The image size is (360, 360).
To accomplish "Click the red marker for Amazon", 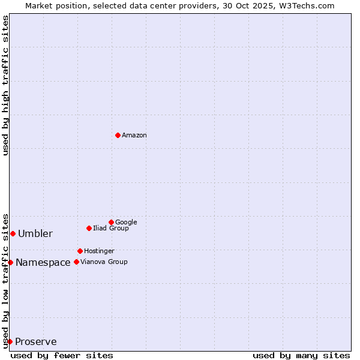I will coord(118,135).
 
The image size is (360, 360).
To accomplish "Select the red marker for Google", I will coord(111,222).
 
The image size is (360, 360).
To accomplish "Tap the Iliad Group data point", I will coord(89,228).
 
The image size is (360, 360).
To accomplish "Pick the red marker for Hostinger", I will coord(80,251).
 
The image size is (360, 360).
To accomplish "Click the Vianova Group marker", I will coord(76,262).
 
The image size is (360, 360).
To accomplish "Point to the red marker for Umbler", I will coord(13,233).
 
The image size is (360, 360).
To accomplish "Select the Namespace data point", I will coord(10,262).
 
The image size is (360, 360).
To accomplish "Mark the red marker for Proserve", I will coord(10,341).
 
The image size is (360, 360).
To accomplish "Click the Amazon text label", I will coord(134,136).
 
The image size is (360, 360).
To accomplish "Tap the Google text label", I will coord(126,222).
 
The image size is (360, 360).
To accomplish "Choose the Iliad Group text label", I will coord(111,228).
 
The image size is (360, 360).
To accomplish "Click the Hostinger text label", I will coord(99,251).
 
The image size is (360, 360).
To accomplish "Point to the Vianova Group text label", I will coord(104,262).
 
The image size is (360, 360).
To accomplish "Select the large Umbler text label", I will coord(35,234).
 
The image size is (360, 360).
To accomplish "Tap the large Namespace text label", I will coord(43,263).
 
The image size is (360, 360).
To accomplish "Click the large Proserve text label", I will coord(36,342).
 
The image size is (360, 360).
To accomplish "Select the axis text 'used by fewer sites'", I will coord(62,355).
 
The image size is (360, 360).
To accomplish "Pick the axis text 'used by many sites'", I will coord(301,355).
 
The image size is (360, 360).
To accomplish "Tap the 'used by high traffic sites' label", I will coord(6,85).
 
